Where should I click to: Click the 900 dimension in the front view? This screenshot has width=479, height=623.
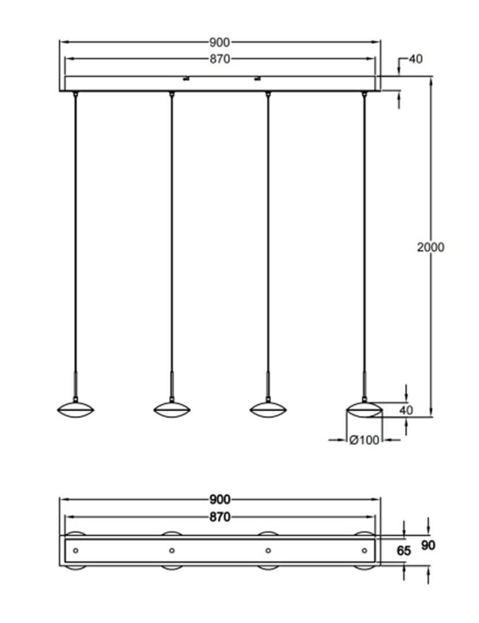tap(220, 42)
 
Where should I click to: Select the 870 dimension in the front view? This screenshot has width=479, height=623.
tap(220, 59)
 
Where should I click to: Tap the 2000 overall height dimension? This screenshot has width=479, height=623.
tap(431, 247)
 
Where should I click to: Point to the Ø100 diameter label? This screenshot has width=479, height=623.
tap(365, 440)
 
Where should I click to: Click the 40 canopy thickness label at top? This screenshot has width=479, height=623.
tap(416, 59)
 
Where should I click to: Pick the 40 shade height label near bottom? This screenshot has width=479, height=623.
tap(406, 410)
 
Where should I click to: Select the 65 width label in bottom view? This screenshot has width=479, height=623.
tap(404, 551)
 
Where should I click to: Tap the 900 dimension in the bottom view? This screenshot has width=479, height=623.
tap(220, 500)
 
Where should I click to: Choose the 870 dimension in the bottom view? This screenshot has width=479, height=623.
tap(220, 517)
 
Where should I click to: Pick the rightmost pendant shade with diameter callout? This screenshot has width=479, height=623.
tap(364, 410)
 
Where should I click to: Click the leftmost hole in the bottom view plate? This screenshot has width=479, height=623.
tap(76, 551)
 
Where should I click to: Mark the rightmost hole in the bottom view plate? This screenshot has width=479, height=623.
tap(364, 551)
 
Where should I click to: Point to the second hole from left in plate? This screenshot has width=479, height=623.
tap(172, 551)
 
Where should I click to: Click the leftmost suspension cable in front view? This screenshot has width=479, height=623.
tap(76, 231)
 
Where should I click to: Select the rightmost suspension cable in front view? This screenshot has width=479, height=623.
tap(364, 231)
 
